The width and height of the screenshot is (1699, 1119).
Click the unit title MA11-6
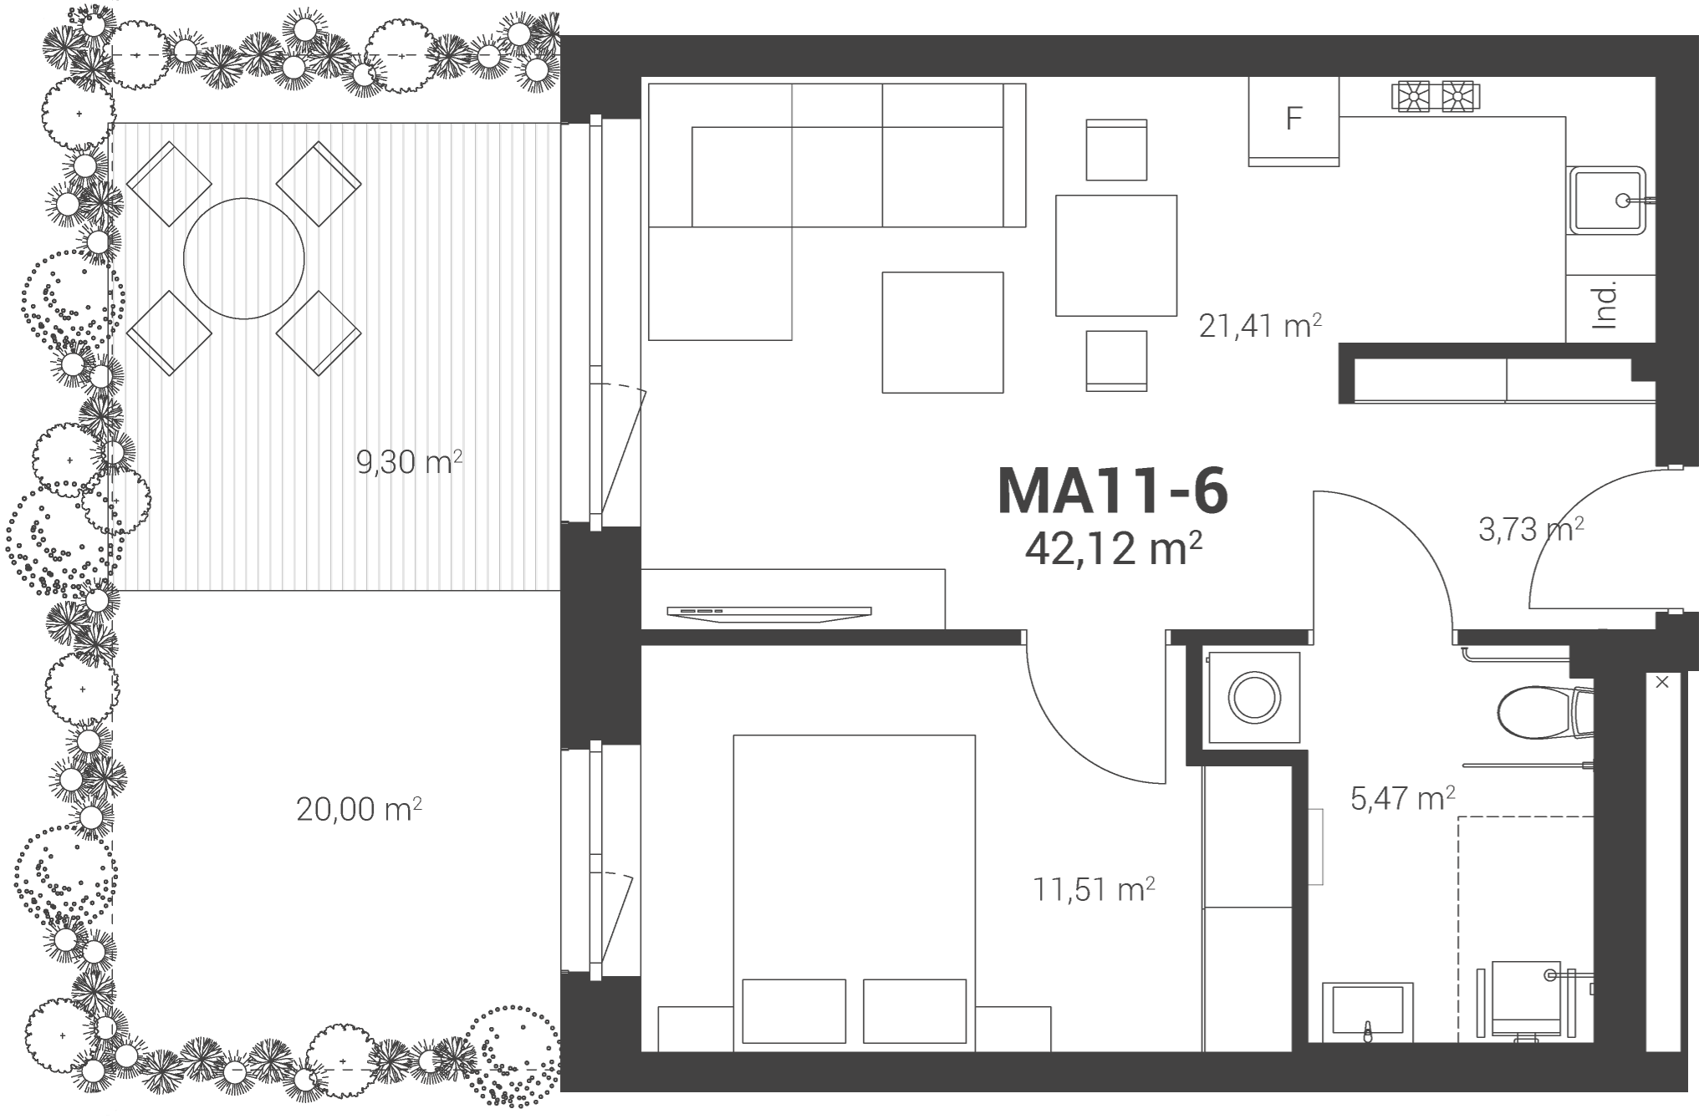point(1113,491)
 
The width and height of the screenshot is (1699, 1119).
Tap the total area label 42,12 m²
point(1114,549)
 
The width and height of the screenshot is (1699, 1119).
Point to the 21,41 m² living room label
point(1260,325)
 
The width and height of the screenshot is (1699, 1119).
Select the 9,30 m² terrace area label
point(410,461)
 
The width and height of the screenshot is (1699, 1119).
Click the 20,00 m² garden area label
point(359,809)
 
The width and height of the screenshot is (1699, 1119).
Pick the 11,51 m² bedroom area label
point(1094,889)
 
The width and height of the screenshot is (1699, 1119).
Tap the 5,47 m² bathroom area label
point(1402,798)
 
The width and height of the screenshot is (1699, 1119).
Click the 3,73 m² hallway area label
point(1531,529)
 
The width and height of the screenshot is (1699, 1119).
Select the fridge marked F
point(1293,121)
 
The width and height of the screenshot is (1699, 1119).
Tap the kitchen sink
point(1607,201)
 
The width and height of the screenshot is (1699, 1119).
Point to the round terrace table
point(244,258)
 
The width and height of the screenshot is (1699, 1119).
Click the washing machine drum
point(1254,697)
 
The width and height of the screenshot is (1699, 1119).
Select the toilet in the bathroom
point(1545,712)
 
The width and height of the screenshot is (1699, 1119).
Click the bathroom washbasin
point(1368,1013)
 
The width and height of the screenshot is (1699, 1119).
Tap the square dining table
point(1116,256)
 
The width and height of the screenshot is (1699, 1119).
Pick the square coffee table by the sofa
point(943,332)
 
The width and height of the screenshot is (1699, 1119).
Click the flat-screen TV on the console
point(769,613)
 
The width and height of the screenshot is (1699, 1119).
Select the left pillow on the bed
point(793,1011)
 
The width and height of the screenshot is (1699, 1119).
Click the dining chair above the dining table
point(1116,150)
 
